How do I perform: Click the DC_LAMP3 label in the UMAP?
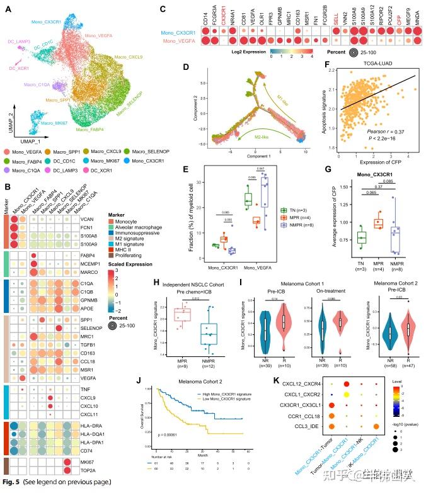(20, 42)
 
